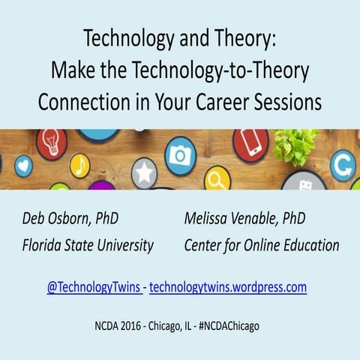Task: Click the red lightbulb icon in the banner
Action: pyautogui.click(x=52, y=143)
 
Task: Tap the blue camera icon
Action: pyautogui.click(x=180, y=155)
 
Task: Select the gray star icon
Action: pyautogui.click(x=144, y=172)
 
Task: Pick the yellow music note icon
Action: pyautogui.click(x=79, y=165)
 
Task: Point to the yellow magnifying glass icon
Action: pyautogui.click(x=217, y=178)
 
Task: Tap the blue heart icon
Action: pyautogui.click(x=24, y=166)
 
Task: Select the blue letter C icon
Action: pyautogui.click(x=343, y=165)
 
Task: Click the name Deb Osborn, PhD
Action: pyautogui.click(x=70, y=219)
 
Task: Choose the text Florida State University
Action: pyautogui.click(x=88, y=245)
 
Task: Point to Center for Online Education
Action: pyautogui.click(x=261, y=245)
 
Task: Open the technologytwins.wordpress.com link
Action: pyautogui.click(x=228, y=286)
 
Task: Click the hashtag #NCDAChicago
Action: pyautogui.click(x=228, y=327)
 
